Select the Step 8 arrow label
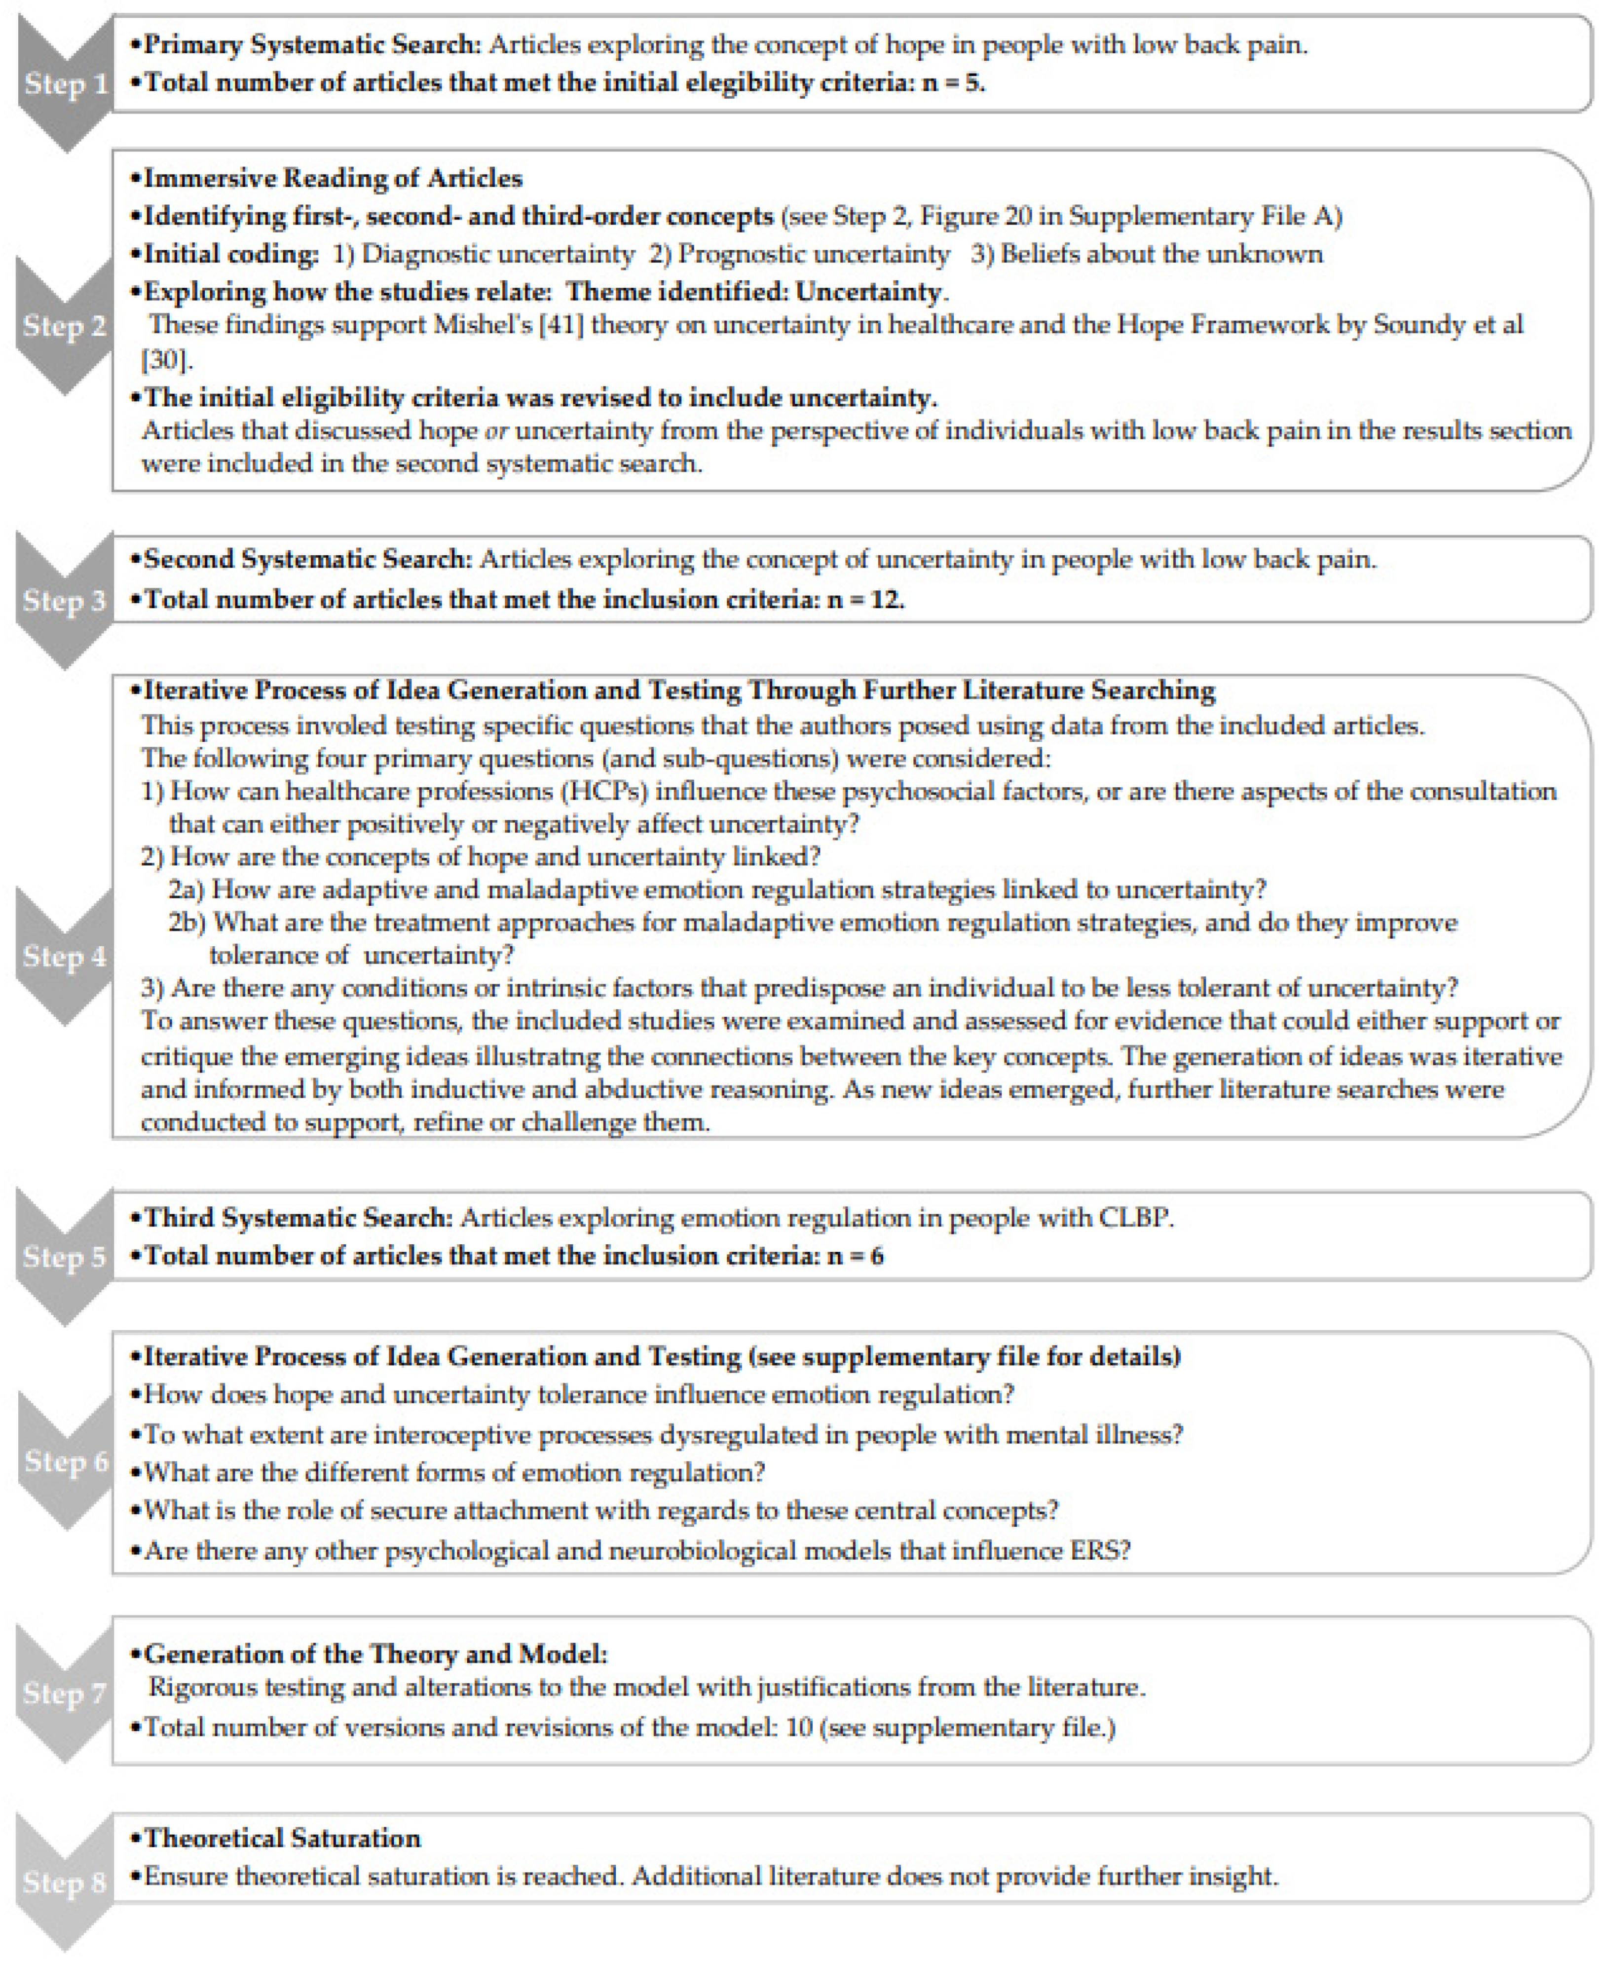coord(65,1882)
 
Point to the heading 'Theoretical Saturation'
coord(282,1838)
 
